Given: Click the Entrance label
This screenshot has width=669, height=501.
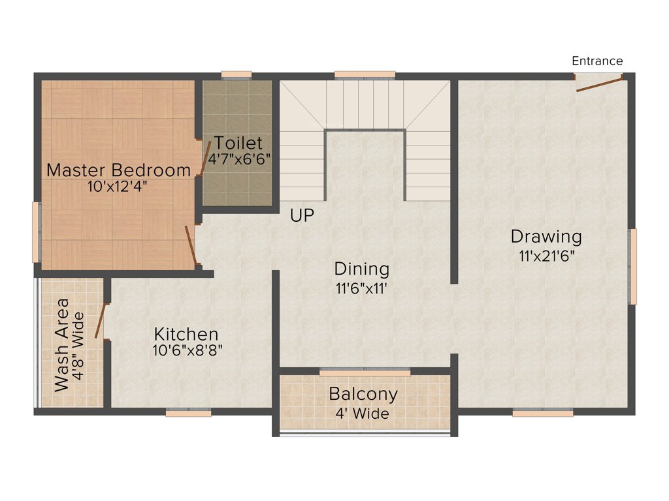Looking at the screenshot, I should [x=597, y=61].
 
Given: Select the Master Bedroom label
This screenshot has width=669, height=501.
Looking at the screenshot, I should [x=119, y=170].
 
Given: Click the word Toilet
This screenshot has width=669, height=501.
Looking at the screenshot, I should [x=238, y=143].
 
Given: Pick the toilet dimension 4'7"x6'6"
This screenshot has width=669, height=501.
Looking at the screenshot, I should [x=239, y=158].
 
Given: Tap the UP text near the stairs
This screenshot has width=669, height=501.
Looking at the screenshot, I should [x=302, y=216].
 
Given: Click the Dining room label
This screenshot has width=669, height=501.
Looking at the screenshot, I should [x=362, y=269].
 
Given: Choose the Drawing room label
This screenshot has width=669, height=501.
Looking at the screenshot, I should [x=546, y=236].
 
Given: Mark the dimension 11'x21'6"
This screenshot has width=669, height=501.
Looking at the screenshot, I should [x=547, y=256].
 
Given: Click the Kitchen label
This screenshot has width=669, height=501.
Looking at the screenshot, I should [x=186, y=334].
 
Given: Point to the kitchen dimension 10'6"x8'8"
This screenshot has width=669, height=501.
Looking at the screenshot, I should [x=188, y=350].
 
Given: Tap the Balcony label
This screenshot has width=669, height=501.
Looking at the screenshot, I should [x=363, y=395].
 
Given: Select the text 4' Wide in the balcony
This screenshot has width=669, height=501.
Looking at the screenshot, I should [x=364, y=414].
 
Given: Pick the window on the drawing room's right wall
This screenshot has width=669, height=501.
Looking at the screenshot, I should [x=632, y=266].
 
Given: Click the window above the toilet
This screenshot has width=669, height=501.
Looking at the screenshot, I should [x=236, y=74].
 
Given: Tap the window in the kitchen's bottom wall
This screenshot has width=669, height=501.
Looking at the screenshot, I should [x=188, y=413].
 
